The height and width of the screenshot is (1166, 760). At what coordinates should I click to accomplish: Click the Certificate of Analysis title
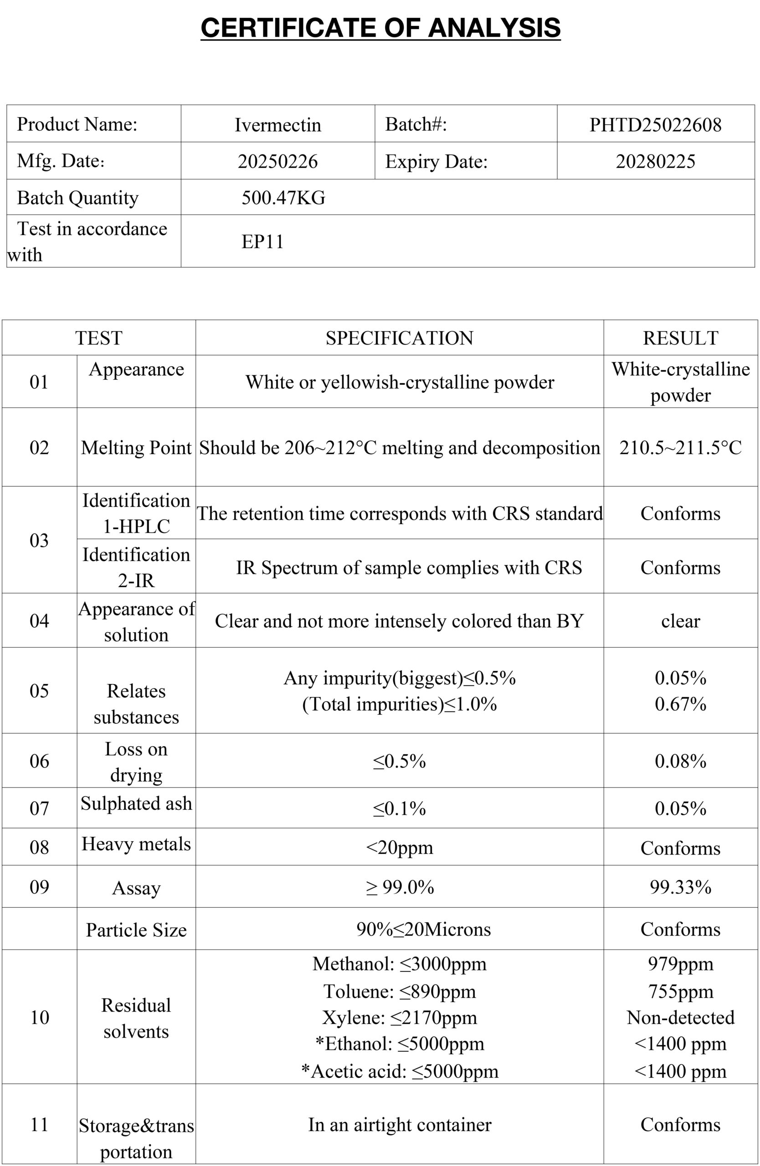click(x=380, y=27)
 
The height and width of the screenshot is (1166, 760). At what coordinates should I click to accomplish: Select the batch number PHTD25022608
click(x=655, y=124)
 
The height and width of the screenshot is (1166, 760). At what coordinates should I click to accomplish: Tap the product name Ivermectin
click(x=278, y=124)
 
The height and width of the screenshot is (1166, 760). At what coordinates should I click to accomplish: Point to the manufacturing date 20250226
click(x=278, y=161)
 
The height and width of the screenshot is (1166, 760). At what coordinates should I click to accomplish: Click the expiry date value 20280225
click(x=655, y=161)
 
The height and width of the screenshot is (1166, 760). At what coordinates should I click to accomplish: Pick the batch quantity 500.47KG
click(x=283, y=197)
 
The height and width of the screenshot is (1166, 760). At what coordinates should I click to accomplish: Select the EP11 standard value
click(x=262, y=241)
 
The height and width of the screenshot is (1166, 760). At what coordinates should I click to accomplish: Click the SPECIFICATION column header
click(x=399, y=338)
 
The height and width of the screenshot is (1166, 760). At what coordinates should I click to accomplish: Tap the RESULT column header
click(x=680, y=338)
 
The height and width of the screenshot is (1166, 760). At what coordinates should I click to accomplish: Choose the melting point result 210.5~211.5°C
click(x=680, y=447)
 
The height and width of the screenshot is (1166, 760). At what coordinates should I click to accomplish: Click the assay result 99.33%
click(x=680, y=887)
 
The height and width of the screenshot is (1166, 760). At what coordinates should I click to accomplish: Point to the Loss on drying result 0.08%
click(x=680, y=761)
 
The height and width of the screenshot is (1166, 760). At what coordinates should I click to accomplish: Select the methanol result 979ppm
click(x=680, y=964)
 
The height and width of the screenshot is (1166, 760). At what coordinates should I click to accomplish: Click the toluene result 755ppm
click(x=680, y=991)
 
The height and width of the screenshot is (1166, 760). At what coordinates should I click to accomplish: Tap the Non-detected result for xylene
click(x=680, y=1018)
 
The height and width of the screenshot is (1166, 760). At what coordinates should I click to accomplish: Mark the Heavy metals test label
click(x=136, y=844)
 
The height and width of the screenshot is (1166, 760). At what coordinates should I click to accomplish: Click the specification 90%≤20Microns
click(x=423, y=929)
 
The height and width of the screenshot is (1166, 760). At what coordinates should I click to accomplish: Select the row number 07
click(x=39, y=808)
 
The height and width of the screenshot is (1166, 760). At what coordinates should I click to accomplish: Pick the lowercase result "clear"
click(x=680, y=621)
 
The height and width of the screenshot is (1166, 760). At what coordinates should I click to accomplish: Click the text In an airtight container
click(x=399, y=1125)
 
